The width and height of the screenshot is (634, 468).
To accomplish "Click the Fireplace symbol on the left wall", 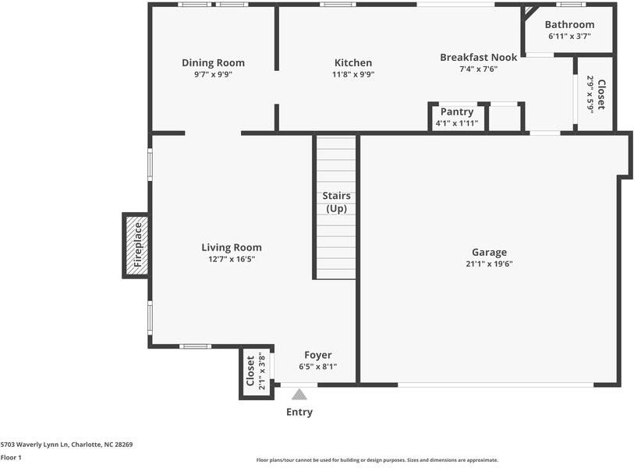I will (135, 245).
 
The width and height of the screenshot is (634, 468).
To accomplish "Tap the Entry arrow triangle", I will (299, 395).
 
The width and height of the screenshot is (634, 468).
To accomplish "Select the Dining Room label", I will (213, 63).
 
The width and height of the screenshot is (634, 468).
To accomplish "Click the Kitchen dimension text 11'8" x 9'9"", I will (353, 75).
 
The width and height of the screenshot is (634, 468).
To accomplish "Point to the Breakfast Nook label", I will (478, 58).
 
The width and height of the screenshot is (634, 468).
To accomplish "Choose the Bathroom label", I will (569, 25).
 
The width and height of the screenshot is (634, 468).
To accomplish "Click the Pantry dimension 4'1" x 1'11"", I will (457, 123).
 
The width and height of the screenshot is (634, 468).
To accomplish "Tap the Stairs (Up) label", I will (336, 202).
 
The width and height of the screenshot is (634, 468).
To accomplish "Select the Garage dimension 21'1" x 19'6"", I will (489, 264).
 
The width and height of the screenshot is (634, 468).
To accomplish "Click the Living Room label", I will (232, 247).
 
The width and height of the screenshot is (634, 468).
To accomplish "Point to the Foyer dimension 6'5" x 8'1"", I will (317, 367).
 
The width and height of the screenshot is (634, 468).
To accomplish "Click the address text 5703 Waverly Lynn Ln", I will (66, 445).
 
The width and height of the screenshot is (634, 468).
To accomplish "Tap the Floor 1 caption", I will (11, 458).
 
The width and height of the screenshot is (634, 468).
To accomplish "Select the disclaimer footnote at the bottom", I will (377, 460).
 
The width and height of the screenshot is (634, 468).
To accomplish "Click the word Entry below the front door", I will (299, 412).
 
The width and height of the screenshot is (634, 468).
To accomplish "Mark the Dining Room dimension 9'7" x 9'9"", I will (213, 75).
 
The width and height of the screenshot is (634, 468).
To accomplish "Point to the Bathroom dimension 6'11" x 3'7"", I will (569, 36).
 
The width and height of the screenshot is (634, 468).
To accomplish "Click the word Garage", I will (489, 252).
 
